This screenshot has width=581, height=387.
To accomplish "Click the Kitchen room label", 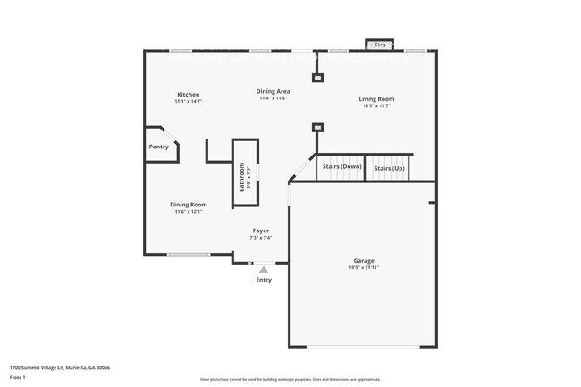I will pyautogui.click(x=188, y=95).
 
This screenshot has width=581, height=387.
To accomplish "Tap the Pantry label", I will pyautogui.click(x=158, y=147).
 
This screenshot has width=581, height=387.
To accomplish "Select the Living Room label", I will pyautogui.click(x=376, y=99).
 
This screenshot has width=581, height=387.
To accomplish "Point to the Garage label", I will pyautogui.click(x=364, y=260).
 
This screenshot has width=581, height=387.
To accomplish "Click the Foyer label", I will pyautogui.click(x=259, y=231).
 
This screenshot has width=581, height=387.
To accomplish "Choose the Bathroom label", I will pyautogui.click(x=241, y=176).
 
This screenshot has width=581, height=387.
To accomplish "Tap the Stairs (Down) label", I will pyautogui.click(x=341, y=167).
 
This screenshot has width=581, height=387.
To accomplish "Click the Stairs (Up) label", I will pyautogui.click(x=389, y=168).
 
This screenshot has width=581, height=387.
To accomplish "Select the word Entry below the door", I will pyautogui.click(x=264, y=280).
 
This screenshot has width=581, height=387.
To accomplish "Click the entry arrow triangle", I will pyautogui.click(x=264, y=268).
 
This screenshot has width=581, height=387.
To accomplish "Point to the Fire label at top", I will pyautogui.click(x=380, y=44).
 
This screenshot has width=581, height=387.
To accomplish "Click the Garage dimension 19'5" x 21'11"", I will pyautogui.click(x=364, y=268).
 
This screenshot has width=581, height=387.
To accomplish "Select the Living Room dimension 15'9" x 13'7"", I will pyautogui.click(x=376, y=106).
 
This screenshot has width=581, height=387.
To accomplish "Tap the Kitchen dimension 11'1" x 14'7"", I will pyautogui.click(x=188, y=102).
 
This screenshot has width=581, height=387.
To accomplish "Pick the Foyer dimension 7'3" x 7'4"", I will pyautogui.click(x=259, y=238).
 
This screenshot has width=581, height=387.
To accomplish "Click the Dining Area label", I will pyautogui.click(x=273, y=91).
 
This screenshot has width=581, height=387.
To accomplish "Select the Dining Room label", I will pyautogui.click(x=189, y=205).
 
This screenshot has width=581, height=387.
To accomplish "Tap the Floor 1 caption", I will pyautogui.click(x=18, y=377).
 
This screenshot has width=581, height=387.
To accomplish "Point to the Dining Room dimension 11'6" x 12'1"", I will pyautogui.click(x=189, y=212).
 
